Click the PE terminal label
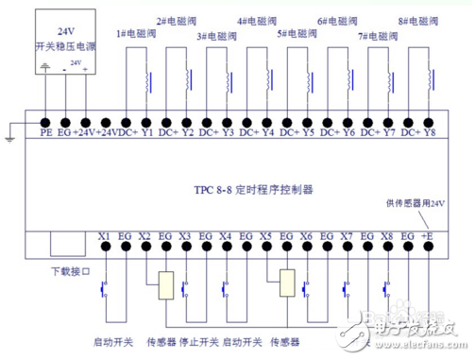click(46, 133)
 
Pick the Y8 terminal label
click(430, 133)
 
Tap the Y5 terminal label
click(309, 133)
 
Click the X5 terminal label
click(266, 235)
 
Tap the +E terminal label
click(429, 235)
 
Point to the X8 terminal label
click(387, 235)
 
